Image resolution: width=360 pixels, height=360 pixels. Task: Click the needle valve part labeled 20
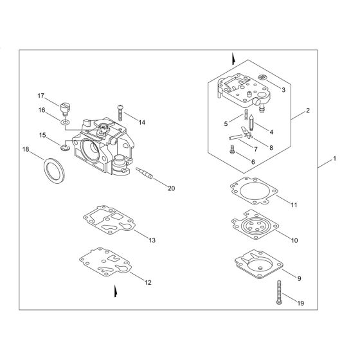click(148, 174)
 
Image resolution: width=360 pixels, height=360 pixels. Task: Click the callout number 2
click(308, 111)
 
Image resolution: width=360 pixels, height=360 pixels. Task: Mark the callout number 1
click(334, 158)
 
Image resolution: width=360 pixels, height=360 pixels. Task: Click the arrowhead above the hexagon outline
click(234, 59)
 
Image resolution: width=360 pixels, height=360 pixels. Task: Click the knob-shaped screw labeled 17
click(64, 105)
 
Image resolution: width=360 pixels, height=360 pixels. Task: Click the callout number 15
click(42, 136)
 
